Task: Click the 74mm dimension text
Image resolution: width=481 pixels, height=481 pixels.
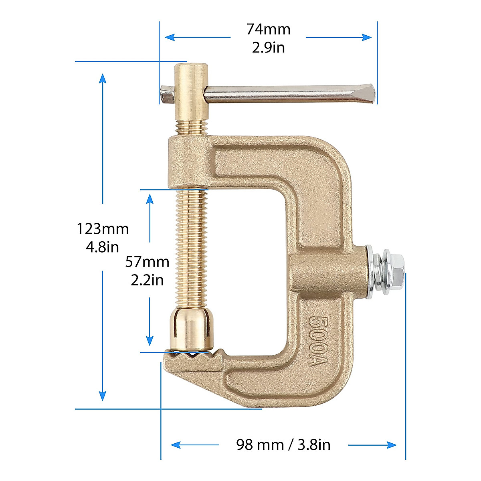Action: (268, 29)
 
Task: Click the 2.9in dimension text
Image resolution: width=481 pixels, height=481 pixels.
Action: (268, 48)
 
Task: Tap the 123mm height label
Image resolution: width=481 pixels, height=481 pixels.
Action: (103, 229)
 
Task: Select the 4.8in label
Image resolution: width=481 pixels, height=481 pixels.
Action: (103, 247)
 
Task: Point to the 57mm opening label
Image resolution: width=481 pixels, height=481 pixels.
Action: (147, 262)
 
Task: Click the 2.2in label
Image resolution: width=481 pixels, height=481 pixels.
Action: (147, 280)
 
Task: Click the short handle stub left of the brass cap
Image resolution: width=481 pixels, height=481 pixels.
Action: (166, 93)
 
